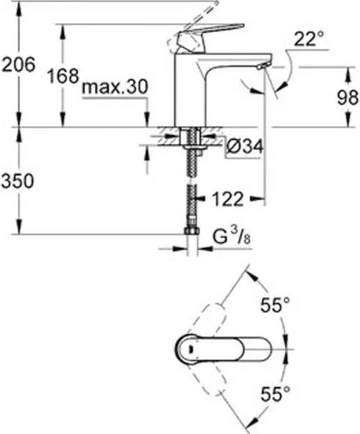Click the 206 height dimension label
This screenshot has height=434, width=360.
point(19,65)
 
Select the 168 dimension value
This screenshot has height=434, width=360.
point(63,76)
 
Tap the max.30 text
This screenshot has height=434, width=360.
point(115,87)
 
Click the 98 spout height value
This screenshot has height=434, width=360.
point(347,97)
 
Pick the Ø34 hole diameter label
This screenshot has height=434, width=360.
point(245,146)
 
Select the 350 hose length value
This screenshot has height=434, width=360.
point(17,182)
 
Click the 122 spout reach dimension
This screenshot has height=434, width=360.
point(228,199)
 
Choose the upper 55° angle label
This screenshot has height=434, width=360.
point(275,305)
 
